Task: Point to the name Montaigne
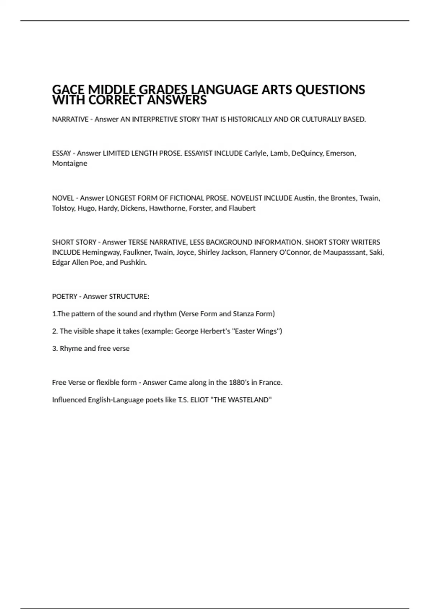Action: (70, 163)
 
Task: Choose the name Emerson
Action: (340, 153)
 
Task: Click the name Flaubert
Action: (242, 208)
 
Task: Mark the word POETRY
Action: (64, 297)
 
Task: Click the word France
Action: (271, 383)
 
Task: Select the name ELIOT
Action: (199, 400)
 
